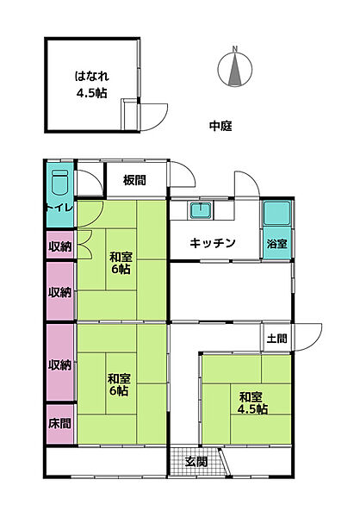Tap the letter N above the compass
(234, 48)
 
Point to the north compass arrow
(234, 70)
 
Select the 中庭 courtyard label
(220, 127)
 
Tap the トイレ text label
(58, 209)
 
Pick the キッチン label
(213, 243)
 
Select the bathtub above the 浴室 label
(278, 215)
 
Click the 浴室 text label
(277, 244)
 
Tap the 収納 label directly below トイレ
(59, 246)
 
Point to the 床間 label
(59, 424)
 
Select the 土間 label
(276, 339)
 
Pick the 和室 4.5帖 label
(251, 402)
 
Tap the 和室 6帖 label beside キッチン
(120, 263)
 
